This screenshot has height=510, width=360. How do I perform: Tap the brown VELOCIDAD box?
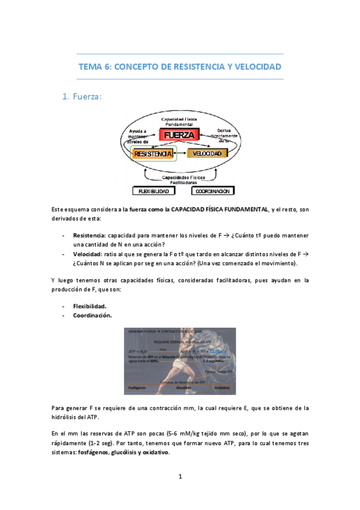[x=208, y=154]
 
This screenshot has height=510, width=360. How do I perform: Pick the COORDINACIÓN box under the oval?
[x=213, y=191]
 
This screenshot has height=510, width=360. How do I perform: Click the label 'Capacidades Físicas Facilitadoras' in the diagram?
[x=184, y=180]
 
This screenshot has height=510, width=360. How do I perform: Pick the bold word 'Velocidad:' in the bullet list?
[x=87, y=254]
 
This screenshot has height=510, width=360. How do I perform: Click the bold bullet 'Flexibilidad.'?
[x=90, y=306]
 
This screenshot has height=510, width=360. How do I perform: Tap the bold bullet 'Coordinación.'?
[x=92, y=315]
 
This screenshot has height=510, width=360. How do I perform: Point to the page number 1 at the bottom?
[x=180, y=477]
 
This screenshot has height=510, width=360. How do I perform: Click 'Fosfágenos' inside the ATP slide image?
[x=134, y=387]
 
